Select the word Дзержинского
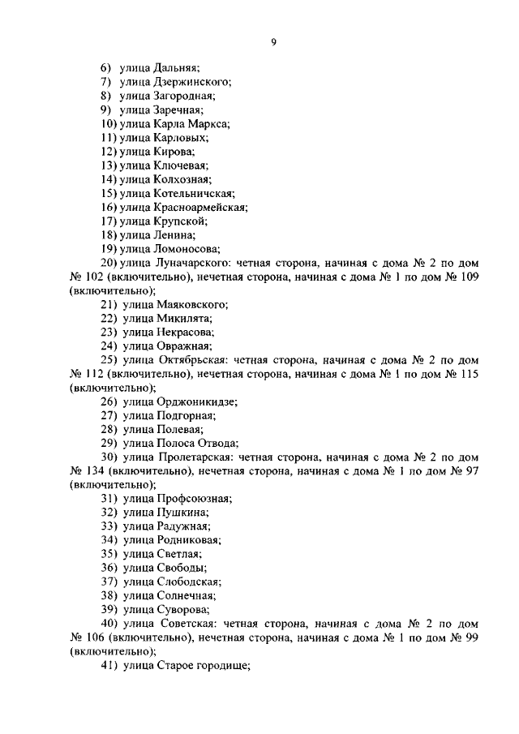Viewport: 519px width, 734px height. coord(192,81)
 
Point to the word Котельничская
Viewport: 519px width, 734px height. coord(193,193)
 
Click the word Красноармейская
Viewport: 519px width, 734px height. coord(199,207)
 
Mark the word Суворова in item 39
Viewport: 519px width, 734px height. coord(182,609)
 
